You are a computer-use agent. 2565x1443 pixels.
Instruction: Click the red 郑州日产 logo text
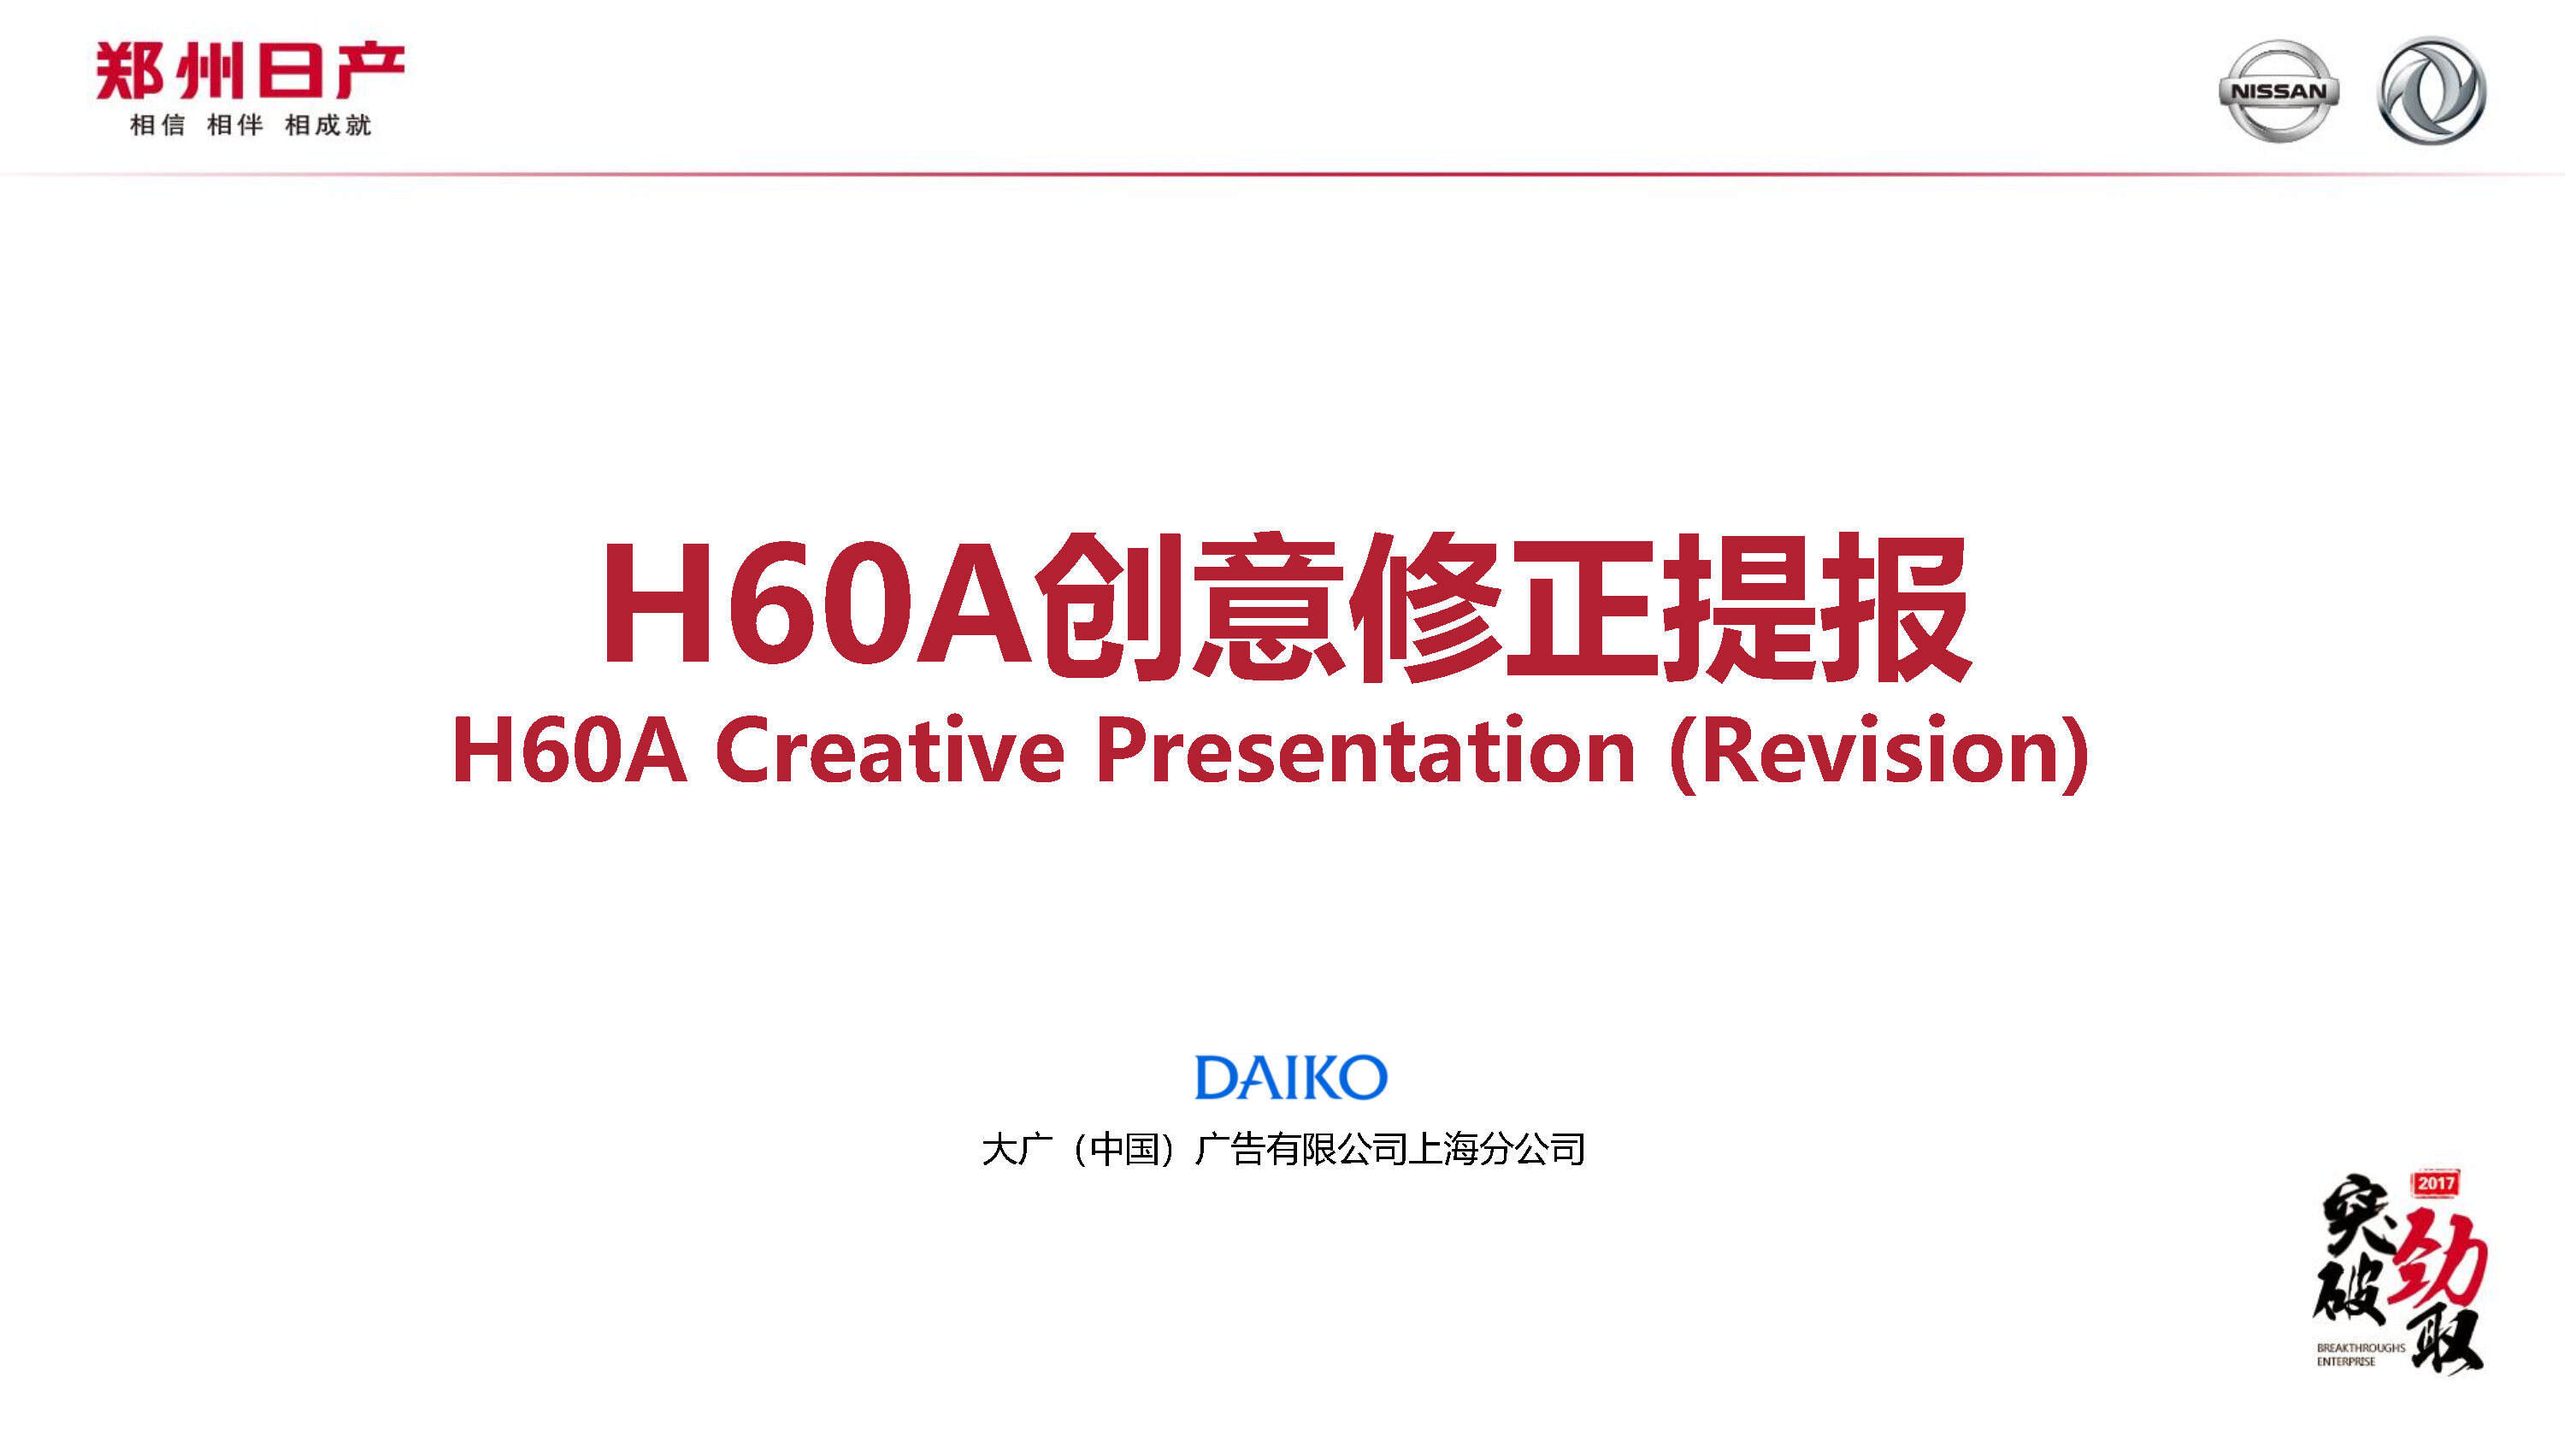[249, 72]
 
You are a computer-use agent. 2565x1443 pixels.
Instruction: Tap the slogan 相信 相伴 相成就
[250, 126]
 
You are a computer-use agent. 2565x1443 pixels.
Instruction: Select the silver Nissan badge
[2279, 91]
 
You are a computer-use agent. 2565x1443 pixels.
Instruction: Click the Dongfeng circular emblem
[2432, 91]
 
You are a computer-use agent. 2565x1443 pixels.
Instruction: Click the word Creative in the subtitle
[889, 750]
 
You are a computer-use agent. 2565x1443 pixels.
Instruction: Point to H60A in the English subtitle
[569, 750]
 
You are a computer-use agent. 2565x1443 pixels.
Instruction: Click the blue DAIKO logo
[1290, 1077]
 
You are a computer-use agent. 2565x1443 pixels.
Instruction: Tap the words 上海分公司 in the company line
[1498, 1149]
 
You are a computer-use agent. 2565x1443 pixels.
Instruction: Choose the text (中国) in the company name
[1126, 1149]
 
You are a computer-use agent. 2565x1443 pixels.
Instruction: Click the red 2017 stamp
[2436, 1183]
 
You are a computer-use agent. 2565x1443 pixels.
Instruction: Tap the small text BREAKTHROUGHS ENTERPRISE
[2360, 1354]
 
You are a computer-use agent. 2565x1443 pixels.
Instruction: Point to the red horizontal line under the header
[1282, 174]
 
